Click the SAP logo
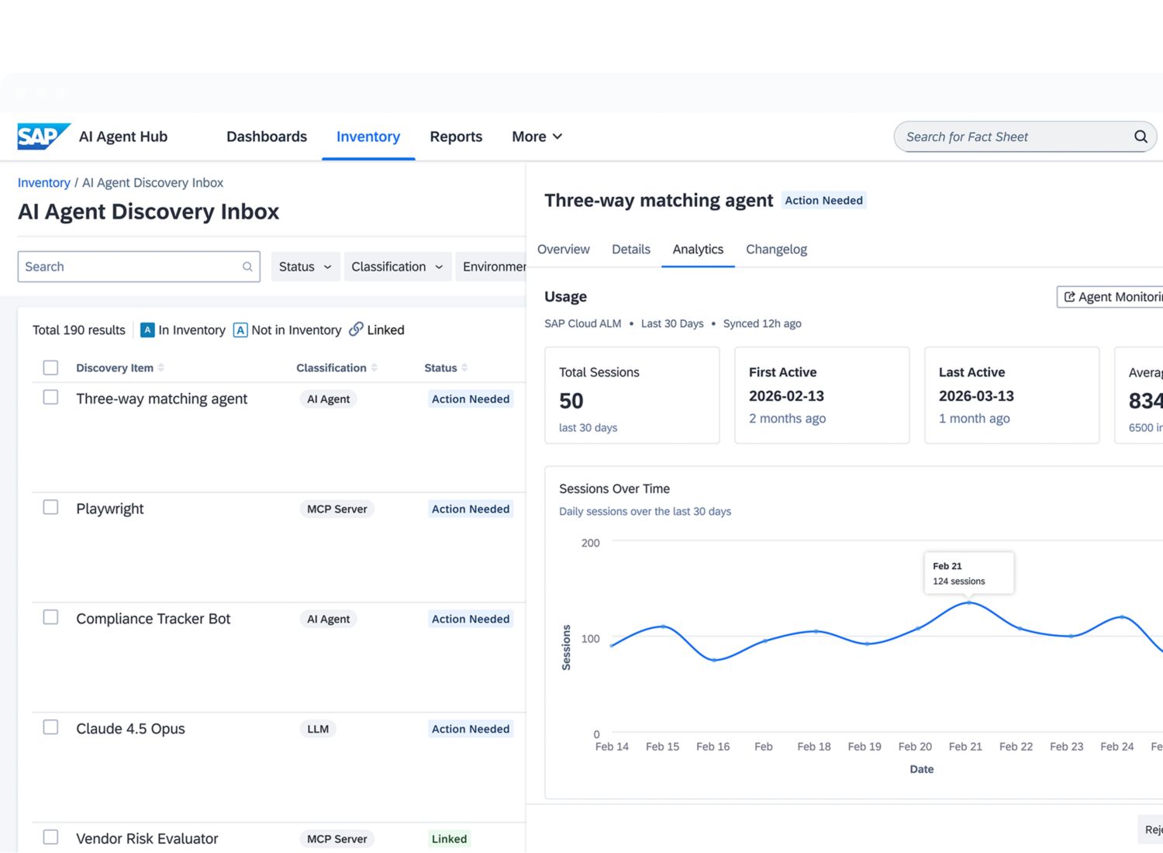coord(43,136)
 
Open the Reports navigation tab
coord(456,136)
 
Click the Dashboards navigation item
coord(267,136)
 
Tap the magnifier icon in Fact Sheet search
coord(1141,136)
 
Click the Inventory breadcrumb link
coord(43,183)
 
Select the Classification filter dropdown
coord(397,267)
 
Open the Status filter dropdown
coord(305,267)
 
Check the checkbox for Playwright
coord(50,507)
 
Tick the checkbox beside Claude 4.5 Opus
coord(50,727)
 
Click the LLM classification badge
coord(318,729)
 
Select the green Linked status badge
coord(449,839)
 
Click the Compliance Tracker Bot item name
coord(154,619)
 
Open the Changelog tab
coord(776,249)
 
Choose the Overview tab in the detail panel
coord(564,249)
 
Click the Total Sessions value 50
coord(571,401)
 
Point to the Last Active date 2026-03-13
coord(976,396)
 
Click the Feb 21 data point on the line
coord(969,603)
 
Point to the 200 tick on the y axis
coord(590,543)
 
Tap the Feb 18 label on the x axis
coord(813,747)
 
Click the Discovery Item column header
coord(115,368)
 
